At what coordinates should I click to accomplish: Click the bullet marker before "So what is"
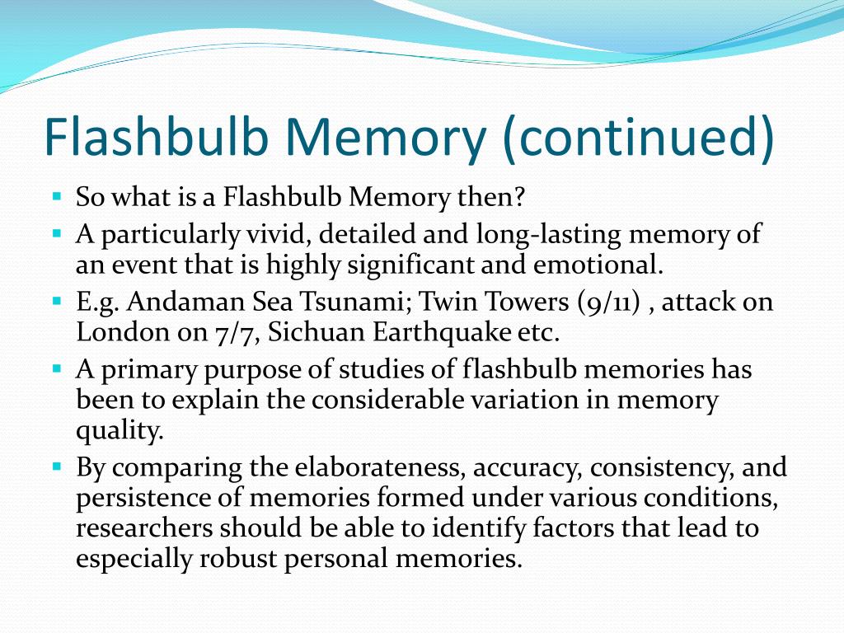[x=57, y=197]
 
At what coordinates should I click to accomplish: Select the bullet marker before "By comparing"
[x=57, y=467]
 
